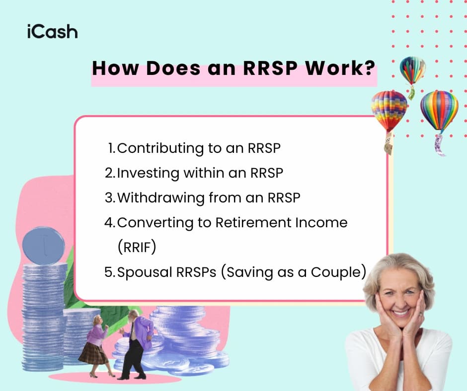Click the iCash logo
click(52, 32)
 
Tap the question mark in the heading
click(368, 68)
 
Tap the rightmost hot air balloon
click(439, 112)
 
